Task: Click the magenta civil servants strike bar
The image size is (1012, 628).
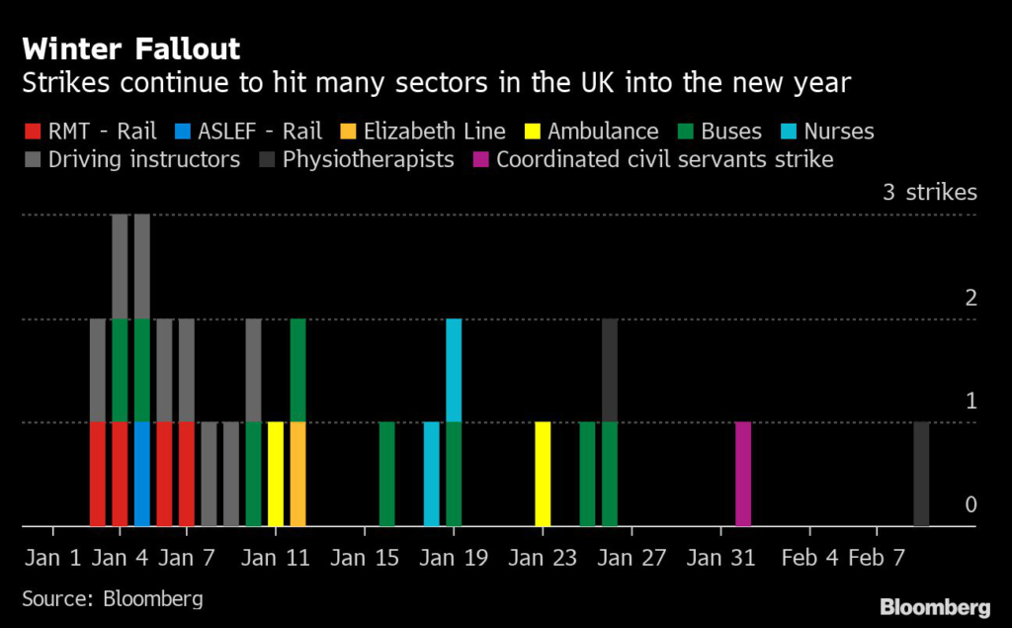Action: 743,475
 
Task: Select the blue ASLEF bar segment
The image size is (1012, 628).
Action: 142,475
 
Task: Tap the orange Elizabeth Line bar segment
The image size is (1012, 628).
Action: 297,475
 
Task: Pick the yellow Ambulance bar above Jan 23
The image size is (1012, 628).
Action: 543,475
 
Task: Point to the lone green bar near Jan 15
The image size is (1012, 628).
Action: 387,475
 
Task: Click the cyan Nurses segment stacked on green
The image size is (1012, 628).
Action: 454,370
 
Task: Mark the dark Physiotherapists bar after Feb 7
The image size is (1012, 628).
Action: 921,475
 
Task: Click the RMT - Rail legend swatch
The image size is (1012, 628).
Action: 32,132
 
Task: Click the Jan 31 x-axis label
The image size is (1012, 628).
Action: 720,558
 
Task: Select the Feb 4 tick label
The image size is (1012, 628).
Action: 808,558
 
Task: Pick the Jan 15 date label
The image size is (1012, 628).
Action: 365,558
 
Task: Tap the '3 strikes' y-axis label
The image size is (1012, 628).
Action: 929,193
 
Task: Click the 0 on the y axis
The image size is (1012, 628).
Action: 970,505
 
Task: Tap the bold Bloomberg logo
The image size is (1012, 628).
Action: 935,606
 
